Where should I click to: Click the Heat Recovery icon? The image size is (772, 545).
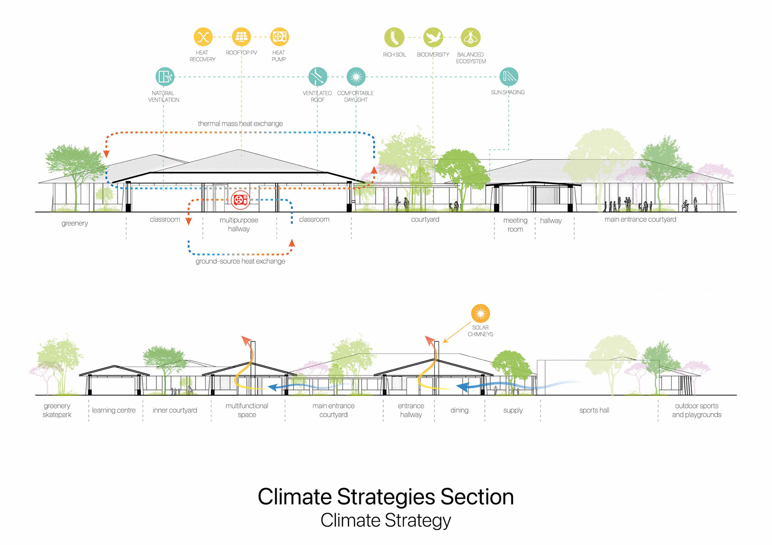pyautogui.click(x=203, y=37)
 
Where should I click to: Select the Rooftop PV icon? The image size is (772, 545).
pyautogui.click(x=241, y=37)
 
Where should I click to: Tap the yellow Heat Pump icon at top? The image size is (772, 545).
pyautogui.click(x=279, y=37)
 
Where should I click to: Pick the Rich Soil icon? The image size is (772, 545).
pyautogui.click(x=394, y=38)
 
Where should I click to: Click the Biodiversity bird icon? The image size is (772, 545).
pyautogui.click(x=433, y=38)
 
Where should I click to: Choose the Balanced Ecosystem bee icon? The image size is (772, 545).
pyautogui.click(x=471, y=38)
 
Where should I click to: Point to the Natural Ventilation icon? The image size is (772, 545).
pyautogui.click(x=165, y=76)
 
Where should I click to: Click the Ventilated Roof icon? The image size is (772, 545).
pyautogui.click(x=318, y=76)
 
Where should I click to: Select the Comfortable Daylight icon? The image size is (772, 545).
pyautogui.click(x=356, y=76)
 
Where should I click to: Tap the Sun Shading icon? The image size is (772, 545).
pyautogui.click(x=509, y=76)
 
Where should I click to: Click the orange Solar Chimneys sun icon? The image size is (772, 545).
pyautogui.click(x=480, y=313)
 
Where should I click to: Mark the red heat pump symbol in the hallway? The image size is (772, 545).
pyautogui.click(x=240, y=200)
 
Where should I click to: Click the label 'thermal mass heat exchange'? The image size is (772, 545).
pyautogui.click(x=240, y=124)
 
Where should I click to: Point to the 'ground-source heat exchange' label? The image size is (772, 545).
pyautogui.click(x=240, y=261)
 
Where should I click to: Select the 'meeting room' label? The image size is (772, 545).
pyautogui.click(x=515, y=225)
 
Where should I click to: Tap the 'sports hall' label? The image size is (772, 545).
pyautogui.click(x=594, y=410)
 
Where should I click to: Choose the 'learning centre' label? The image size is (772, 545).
pyautogui.click(x=114, y=410)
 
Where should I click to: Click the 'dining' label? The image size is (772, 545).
pyautogui.click(x=459, y=410)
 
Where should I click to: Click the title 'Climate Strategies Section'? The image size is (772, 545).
pyautogui.click(x=386, y=497)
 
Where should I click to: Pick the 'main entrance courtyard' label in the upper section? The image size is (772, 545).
pyautogui.click(x=640, y=219)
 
